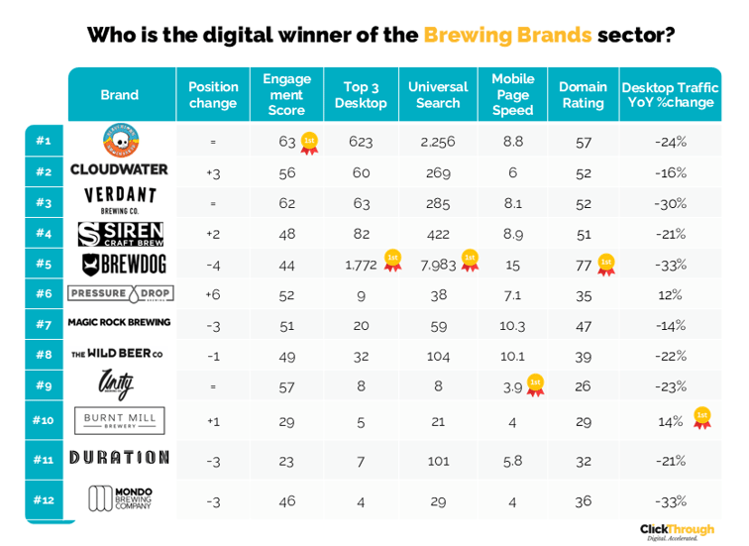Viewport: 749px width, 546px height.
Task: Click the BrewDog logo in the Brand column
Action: click(x=121, y=265)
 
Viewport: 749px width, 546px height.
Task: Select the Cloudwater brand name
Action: click(x=119, y=170)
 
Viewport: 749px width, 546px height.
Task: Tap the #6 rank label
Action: click(x=43, y=294)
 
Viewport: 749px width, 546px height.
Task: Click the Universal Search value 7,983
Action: click(x=437, y=265)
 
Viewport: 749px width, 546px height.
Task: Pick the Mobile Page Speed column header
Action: click(x=512, y=94)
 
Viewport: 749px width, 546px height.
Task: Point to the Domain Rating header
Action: click(x=583, y=94)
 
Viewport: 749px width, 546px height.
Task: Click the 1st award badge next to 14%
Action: click(x=701, y=418)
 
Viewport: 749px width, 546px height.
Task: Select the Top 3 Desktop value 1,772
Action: click(x=361, y=265)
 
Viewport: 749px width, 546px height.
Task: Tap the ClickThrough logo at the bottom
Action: click(x=676, y=530)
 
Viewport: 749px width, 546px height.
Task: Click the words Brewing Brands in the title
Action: click(x=507, y=36)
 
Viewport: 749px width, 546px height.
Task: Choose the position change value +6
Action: click(x=212, y=294)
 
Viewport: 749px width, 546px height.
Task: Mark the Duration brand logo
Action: click(x=119, y=458)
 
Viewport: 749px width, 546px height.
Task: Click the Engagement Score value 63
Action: click(x=287, y=142)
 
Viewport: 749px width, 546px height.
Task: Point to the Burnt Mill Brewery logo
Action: click(x=119, y=420)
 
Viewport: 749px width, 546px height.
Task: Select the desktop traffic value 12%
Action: click(x=670, y=294)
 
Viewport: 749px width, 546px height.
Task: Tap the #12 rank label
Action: click(x=43, y=500)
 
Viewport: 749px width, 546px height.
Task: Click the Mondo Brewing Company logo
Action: click(x=119, y=498)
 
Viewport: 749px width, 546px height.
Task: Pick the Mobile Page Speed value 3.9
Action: click(x=512, y=386)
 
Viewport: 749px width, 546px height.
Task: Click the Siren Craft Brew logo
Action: click(x=121, y=234)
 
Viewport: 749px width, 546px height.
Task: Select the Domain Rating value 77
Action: click(x=584, y=265)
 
